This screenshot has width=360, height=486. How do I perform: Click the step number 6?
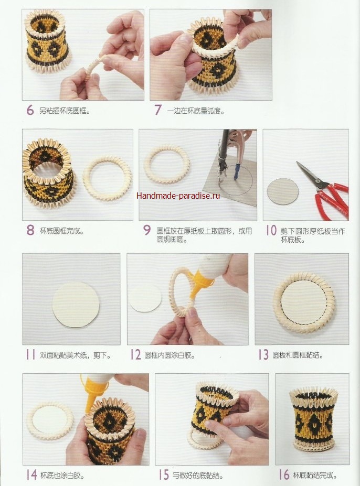point(30,110)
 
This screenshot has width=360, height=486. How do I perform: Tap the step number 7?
point(158,110)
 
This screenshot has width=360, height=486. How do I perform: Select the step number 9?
point(146,230)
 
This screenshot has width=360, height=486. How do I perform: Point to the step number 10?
point(271,231)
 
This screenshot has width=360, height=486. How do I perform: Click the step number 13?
point(263,354)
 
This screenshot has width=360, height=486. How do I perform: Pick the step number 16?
point(284,474)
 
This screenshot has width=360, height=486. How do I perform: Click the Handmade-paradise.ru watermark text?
point(178,196)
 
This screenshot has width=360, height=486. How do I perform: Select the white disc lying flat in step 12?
point(145,297)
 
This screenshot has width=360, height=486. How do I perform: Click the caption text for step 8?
point(61,231)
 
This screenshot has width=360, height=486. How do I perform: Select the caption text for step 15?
point(198,475)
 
